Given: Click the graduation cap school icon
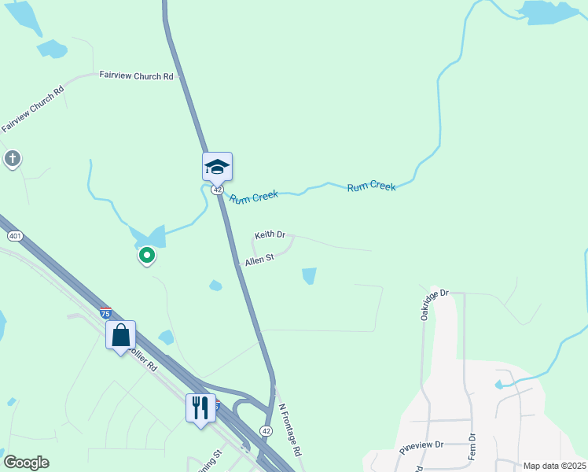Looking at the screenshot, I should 218,167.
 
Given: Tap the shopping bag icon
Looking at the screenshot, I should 120,335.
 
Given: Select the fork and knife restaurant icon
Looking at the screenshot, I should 200,407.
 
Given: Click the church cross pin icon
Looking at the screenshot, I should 12,159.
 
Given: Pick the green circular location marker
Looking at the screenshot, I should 146,255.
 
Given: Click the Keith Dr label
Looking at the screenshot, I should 270,235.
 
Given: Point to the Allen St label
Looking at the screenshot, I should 259,259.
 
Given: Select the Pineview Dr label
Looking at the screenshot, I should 421,444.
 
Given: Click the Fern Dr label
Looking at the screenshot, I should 472,446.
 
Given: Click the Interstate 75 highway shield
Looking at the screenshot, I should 105,312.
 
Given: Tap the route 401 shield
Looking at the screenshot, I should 14,236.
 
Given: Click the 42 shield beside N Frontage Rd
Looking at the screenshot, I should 266,430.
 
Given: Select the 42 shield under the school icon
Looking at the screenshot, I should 218,190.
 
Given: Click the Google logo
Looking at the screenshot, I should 26,463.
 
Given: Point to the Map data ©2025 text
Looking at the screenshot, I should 554,466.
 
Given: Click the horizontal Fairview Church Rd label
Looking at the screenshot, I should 136,76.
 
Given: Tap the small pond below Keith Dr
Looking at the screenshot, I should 309,276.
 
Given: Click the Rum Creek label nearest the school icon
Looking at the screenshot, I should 254,197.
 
